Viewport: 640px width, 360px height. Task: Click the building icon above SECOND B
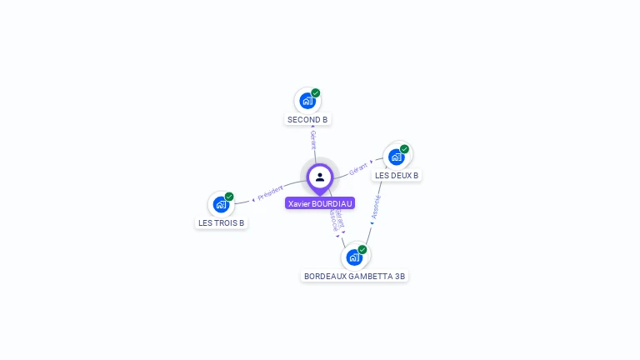(x=307, y=102)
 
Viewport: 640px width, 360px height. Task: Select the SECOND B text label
(x=307, y=120)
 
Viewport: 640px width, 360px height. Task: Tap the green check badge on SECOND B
(x=316, y=93)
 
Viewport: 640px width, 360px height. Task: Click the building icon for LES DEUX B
(x=397, y=157)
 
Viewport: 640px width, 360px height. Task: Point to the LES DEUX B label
(x=397, y=176)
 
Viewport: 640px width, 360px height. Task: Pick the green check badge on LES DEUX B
(x=405, y=149)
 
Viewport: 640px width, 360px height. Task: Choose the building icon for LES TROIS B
(x=221, y=204)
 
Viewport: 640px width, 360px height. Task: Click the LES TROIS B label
(x=221, y=223)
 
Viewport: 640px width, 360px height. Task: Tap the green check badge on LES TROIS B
(x=229, y=197)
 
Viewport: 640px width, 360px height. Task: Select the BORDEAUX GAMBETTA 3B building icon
(x=354, y=257)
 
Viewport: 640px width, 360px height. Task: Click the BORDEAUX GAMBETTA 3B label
(x=354, y=276)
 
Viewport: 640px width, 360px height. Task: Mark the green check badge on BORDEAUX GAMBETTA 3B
(x=362, y=249)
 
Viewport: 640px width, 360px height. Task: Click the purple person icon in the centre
(x=320, y=177)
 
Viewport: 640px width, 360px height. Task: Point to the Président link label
(x=270, y=193)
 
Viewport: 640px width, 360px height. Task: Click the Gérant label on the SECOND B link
(x=313, y=139)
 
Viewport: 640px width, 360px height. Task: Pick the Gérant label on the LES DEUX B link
(x=358, y=167)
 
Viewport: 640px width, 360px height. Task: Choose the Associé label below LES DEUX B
(x=377, y=207)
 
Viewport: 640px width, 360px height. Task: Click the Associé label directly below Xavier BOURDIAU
(x=332, y=220)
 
